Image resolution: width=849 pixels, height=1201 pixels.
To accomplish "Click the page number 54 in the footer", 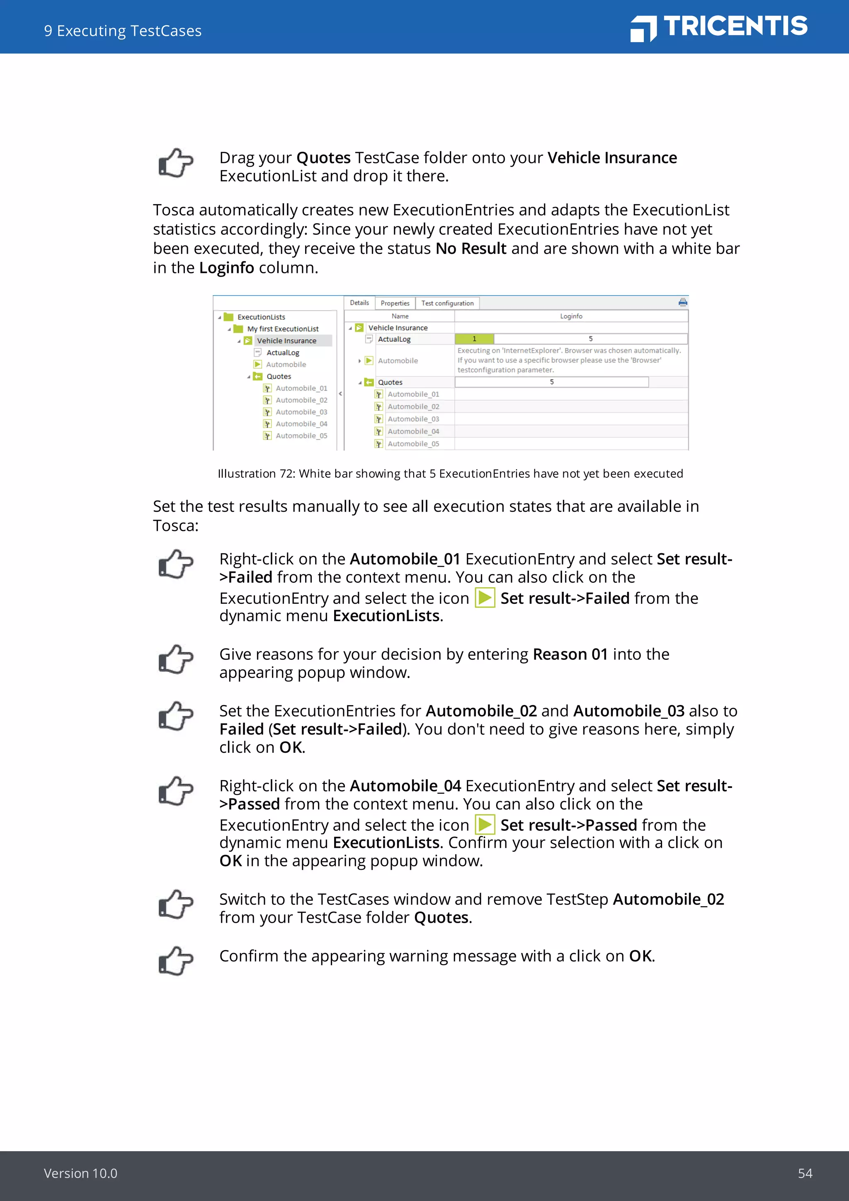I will tap(805, 1173).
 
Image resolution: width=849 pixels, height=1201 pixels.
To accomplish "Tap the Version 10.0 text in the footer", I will tap(80, 1173).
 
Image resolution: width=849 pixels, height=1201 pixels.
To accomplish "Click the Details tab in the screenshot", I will tap(359, 303).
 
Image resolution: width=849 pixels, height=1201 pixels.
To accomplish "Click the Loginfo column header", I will tap(571, 316).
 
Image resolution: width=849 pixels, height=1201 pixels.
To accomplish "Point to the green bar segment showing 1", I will tap(474, 339).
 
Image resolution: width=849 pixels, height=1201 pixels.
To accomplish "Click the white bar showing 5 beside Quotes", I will tap(551, 382).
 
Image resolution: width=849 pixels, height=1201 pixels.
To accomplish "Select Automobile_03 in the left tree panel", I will tap(301, 412).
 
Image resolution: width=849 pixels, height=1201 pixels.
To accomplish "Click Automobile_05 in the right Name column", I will tap(413, 444).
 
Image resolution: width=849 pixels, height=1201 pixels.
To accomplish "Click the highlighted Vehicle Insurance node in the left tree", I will tap(286, 341).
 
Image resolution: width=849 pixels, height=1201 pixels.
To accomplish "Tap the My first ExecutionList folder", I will tap(282, 329).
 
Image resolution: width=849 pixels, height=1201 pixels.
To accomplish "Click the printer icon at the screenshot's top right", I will tap(682, 302).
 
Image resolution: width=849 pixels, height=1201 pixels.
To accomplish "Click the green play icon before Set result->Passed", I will tap(485, 825).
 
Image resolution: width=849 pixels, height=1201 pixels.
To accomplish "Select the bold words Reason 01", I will tap(570, 654).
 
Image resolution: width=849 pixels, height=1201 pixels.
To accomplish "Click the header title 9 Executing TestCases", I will tap(123, 31).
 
